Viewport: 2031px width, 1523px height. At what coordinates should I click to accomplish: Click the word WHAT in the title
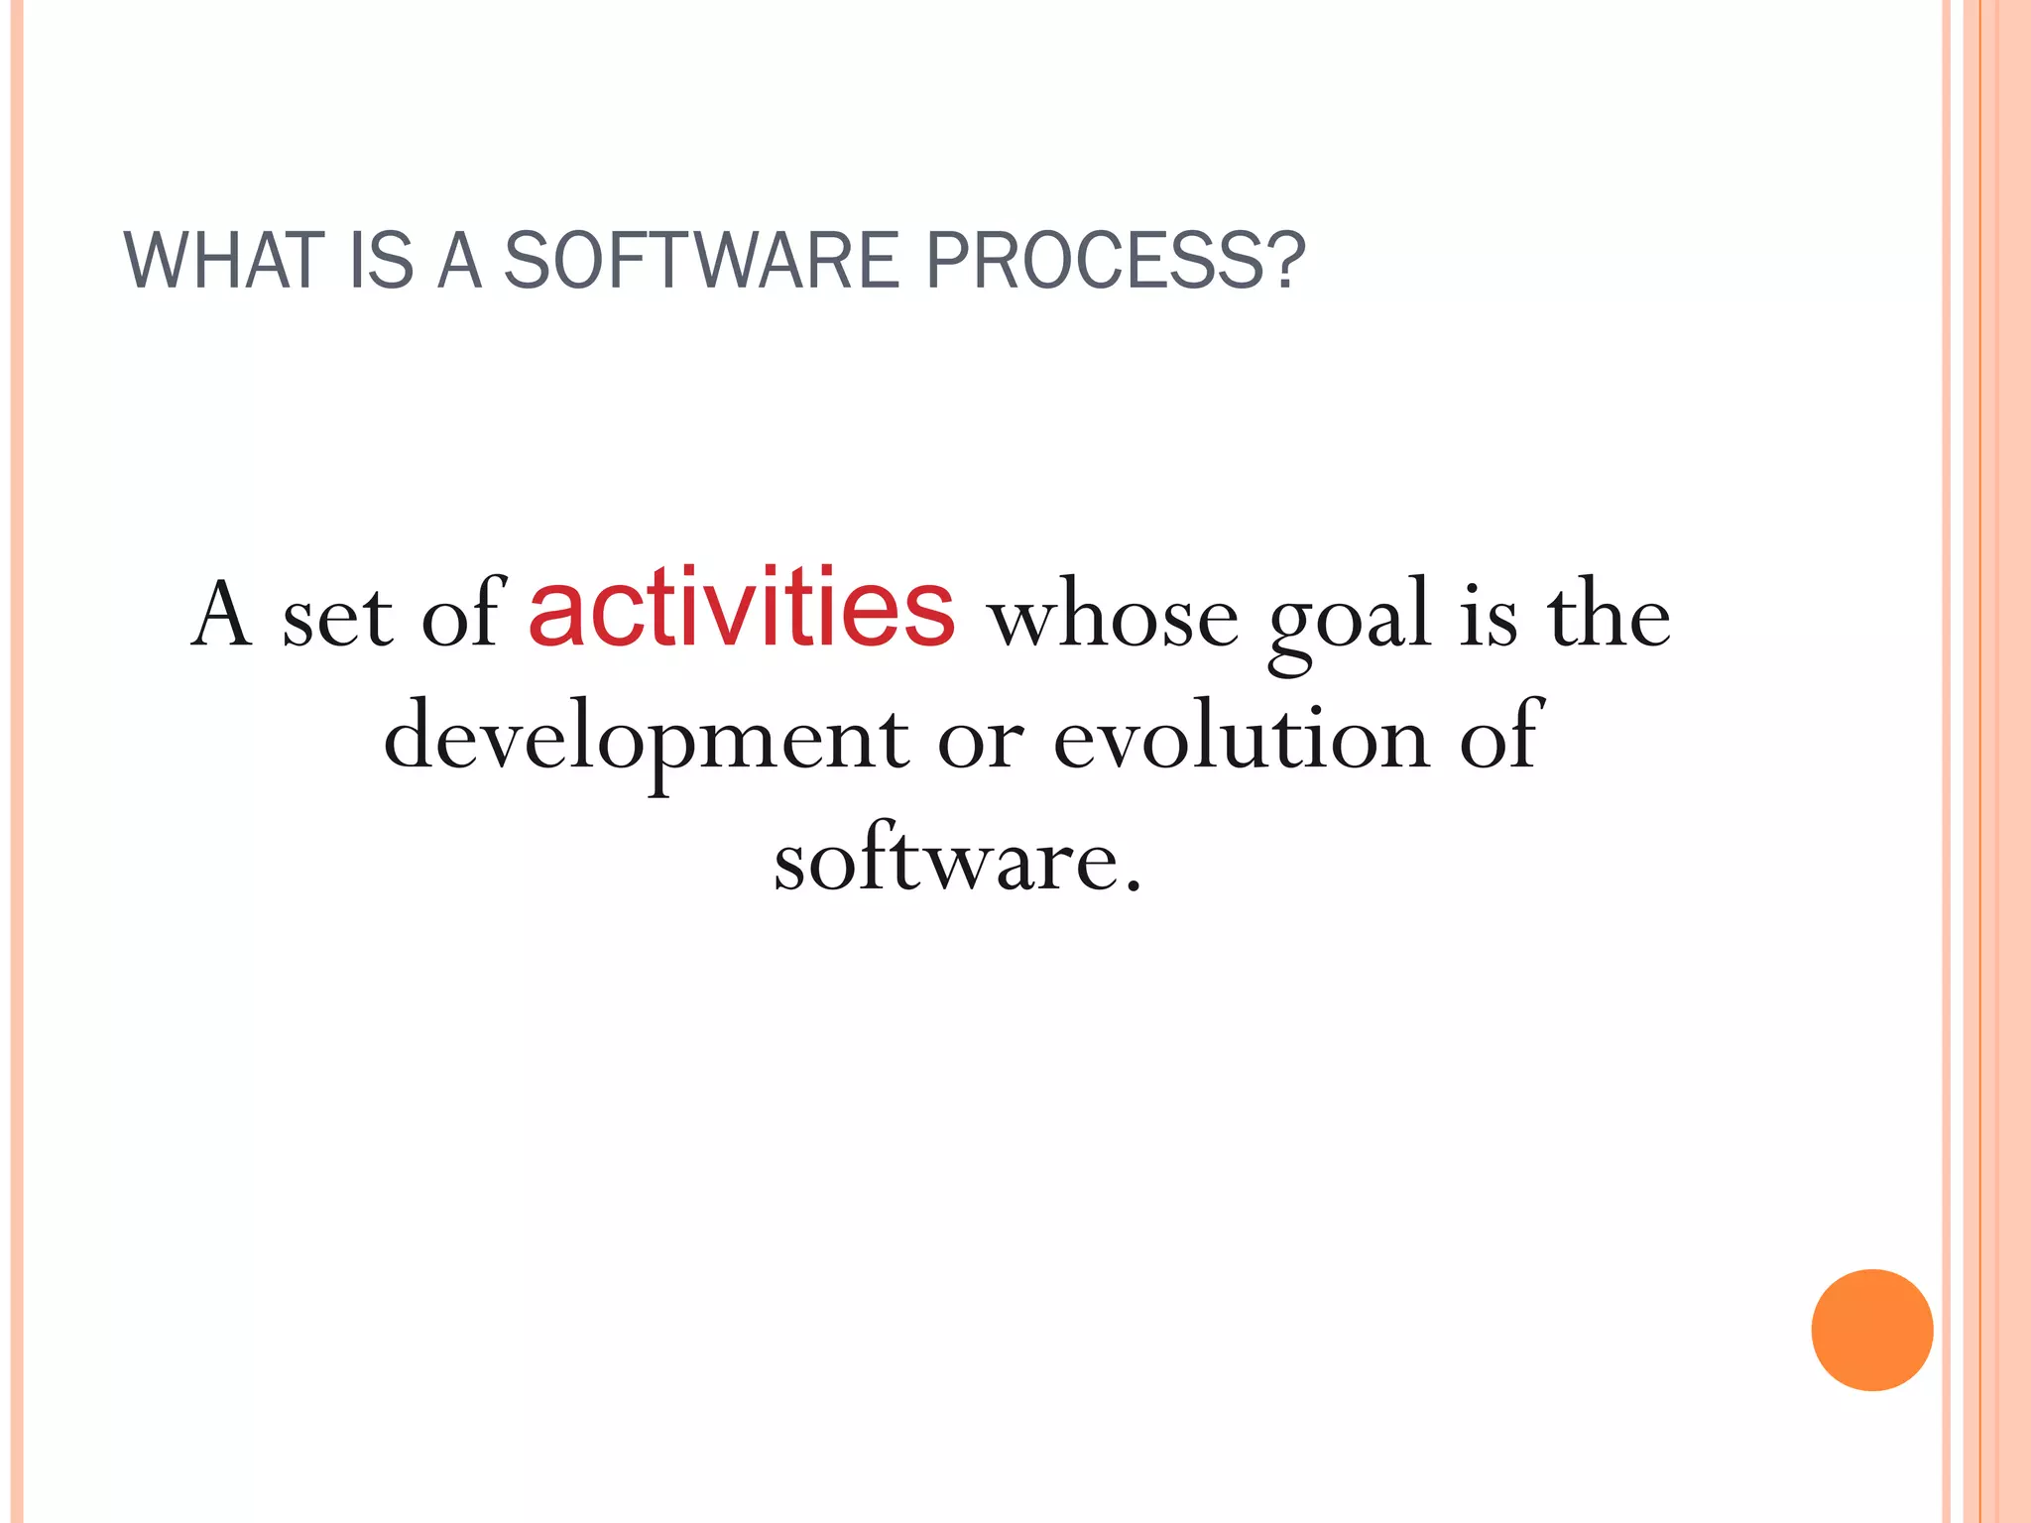click(224, 261)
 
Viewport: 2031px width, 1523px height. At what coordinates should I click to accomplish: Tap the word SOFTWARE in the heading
click(700, 261)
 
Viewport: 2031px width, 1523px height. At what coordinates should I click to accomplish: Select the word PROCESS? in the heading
click(1115, 261)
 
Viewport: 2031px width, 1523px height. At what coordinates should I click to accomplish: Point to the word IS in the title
click(381, 261)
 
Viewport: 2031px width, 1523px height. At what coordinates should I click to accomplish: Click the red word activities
click(742, 607)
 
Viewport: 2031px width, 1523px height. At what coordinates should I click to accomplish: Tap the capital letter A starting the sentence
click(220, 615)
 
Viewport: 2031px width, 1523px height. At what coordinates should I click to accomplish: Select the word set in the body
click(337, 620)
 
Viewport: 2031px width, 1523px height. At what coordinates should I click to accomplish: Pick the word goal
click(1350, 620)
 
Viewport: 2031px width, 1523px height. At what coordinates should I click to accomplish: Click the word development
click(646, 739)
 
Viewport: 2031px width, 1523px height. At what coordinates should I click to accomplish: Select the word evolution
click(1241, 739)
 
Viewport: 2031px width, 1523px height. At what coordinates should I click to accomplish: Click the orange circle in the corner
click(1871, 1330)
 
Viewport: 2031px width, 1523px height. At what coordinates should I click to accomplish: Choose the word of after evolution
click(1498, 736)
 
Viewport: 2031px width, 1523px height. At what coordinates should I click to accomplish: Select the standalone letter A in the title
click(459, 261)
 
